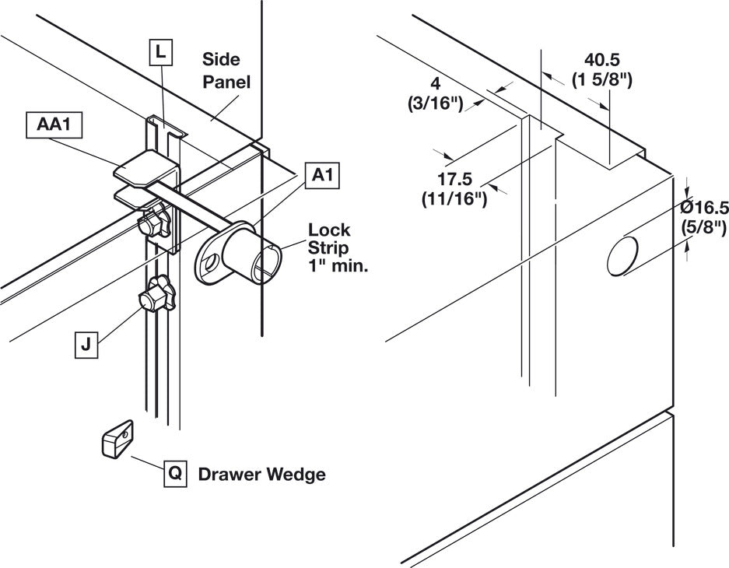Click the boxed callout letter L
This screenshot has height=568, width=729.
point(160,52)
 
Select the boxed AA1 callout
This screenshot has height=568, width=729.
point(54,124)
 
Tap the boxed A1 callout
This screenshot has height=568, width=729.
point(322,176)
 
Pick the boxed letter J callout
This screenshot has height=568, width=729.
point(86,345)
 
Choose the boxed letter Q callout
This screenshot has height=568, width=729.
point(175,474)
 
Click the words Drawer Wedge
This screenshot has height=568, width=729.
point(261,475)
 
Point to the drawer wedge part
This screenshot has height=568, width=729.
point(117,440)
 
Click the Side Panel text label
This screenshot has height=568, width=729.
point(226,71)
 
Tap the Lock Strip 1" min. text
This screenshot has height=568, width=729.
point(338,247)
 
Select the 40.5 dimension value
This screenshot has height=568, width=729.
point(602,59)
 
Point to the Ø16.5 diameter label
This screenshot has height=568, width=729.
point(703,207)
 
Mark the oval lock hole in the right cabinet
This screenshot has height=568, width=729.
point(622,256)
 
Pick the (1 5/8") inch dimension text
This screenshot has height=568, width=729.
point(601,80)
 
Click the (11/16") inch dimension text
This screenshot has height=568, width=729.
point(454,199)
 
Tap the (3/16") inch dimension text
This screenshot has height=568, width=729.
point(435,103)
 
